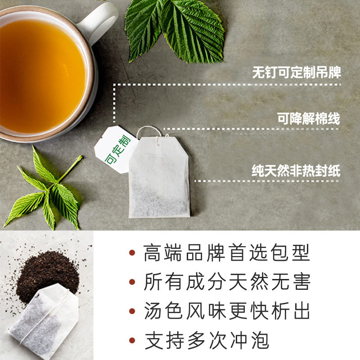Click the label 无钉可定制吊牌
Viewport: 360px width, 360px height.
click(x=297, y=73)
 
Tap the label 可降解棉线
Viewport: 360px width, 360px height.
click(x=309, y=119)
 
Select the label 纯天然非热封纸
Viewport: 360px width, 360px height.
click(x=296, y=171)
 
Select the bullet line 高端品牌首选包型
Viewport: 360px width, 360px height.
click(x=227, y=253)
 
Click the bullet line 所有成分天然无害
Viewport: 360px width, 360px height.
click(x=227, y=283)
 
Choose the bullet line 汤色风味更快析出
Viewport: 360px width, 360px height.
click(x=227, y=312)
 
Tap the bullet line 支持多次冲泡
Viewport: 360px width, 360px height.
click(x=207, y=341)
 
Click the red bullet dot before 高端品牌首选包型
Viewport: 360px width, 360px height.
click(x=132, y=253)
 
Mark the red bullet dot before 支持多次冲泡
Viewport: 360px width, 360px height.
click(x=132, y=341)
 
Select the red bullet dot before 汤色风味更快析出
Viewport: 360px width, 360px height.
click(x=132, y=312)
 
